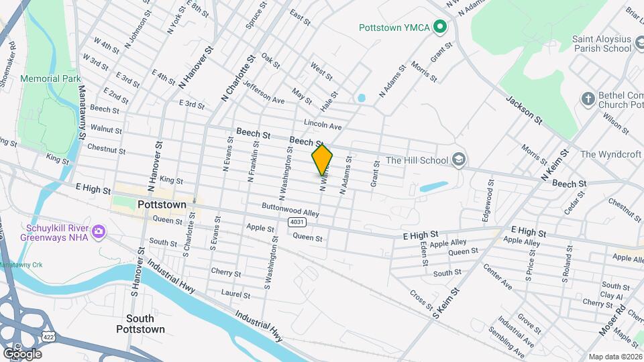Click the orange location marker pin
point(322,160)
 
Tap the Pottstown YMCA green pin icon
point(440,27)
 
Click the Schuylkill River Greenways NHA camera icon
point(99,231)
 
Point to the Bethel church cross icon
point(588,99)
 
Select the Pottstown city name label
point(161,204)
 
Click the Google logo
point(22,353)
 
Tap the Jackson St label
point(524,109)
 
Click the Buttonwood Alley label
point(290,209)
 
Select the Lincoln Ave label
point(323,125)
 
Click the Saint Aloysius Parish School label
point(602,44)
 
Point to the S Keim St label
point(447,302)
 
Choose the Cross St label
point(421,300)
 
